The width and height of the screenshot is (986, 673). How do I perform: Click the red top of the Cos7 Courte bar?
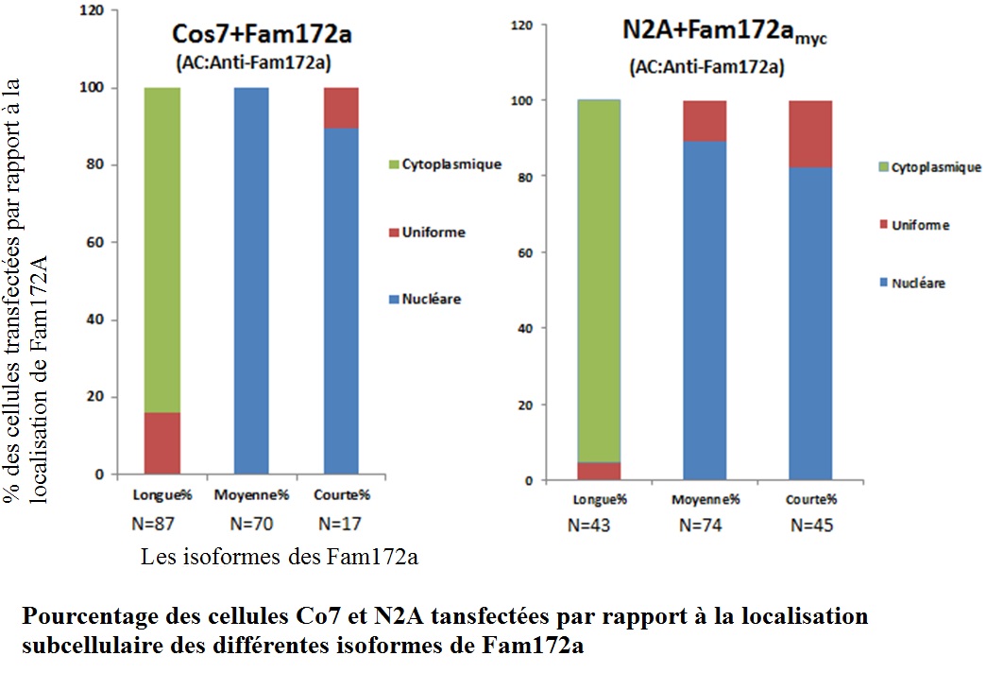point(341,108)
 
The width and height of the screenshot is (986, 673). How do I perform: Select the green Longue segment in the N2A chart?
point(600,280)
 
